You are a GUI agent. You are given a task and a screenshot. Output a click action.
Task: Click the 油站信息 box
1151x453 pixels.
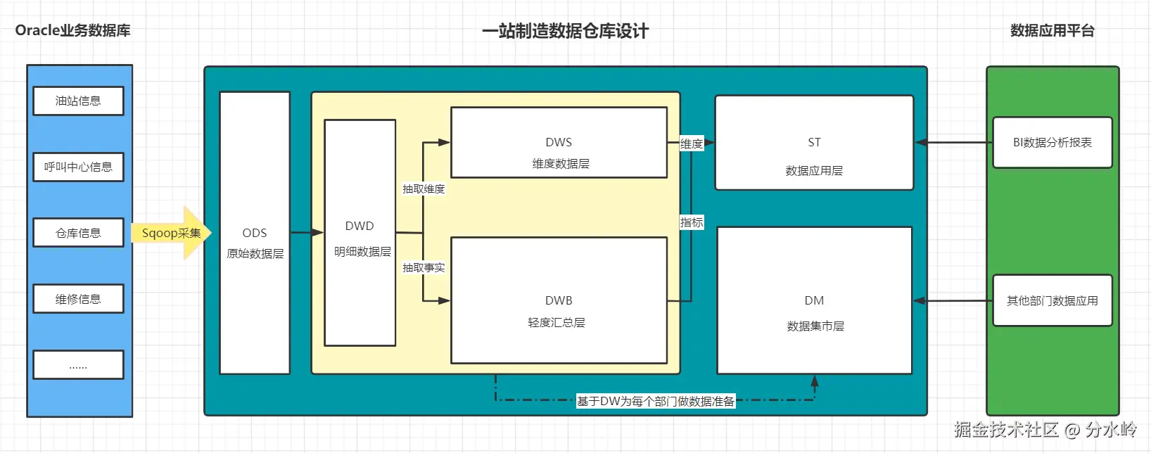78,101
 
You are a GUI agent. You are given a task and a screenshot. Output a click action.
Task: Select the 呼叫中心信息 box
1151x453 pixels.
78,167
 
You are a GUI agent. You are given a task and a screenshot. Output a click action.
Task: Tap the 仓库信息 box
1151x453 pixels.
78,233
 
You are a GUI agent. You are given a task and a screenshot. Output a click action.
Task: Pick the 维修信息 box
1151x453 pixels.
78,299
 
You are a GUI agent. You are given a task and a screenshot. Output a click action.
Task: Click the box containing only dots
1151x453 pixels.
78,365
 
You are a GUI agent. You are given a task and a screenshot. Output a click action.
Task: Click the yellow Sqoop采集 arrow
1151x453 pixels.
171,233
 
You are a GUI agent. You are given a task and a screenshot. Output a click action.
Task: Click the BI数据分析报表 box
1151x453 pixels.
1052,143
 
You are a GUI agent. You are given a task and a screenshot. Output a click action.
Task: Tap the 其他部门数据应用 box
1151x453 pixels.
1052,300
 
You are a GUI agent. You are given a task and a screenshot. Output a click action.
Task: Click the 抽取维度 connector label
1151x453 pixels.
424,189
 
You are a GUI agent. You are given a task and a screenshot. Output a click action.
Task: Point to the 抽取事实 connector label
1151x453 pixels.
424,268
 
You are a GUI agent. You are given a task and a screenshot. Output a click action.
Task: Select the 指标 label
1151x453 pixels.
692,223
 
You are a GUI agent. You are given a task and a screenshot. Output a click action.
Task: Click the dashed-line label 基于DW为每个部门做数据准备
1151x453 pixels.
655,402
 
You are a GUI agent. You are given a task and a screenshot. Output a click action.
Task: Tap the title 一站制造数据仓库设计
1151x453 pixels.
565,31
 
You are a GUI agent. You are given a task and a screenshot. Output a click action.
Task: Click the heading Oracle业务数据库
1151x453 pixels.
72,30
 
